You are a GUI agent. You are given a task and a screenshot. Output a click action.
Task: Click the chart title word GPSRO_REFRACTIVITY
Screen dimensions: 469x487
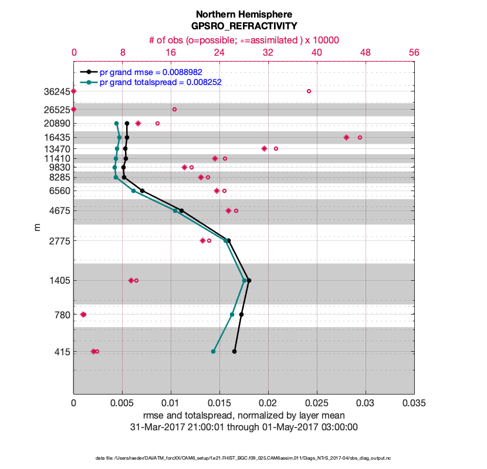point(243,26)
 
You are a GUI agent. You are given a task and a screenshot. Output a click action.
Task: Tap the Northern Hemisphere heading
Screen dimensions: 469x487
point(243,13)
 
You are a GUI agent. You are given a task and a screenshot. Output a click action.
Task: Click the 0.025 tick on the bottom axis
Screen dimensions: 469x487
point(317,404)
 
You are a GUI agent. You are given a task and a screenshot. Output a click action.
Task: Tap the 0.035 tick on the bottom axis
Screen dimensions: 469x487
point(414,404)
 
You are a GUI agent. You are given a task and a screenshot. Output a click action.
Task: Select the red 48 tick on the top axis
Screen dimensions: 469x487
point(366,52)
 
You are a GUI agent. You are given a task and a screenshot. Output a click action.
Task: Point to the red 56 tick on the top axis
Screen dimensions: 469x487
point(414,52)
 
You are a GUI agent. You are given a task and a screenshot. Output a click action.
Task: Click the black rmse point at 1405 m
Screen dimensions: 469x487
point(249,281)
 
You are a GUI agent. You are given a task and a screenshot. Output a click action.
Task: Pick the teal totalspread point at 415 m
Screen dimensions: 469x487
point(213,352)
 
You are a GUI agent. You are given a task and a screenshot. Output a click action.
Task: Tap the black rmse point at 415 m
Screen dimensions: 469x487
point(234,352)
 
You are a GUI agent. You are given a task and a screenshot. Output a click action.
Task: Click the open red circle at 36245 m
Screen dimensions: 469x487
point(309,91)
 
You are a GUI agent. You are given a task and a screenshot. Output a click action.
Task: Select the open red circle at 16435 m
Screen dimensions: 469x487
point(360,138)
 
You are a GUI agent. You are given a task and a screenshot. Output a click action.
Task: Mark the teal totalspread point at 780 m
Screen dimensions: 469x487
point(232,315)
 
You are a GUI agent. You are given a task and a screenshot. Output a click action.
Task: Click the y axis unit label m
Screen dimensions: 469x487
point(38,227)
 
